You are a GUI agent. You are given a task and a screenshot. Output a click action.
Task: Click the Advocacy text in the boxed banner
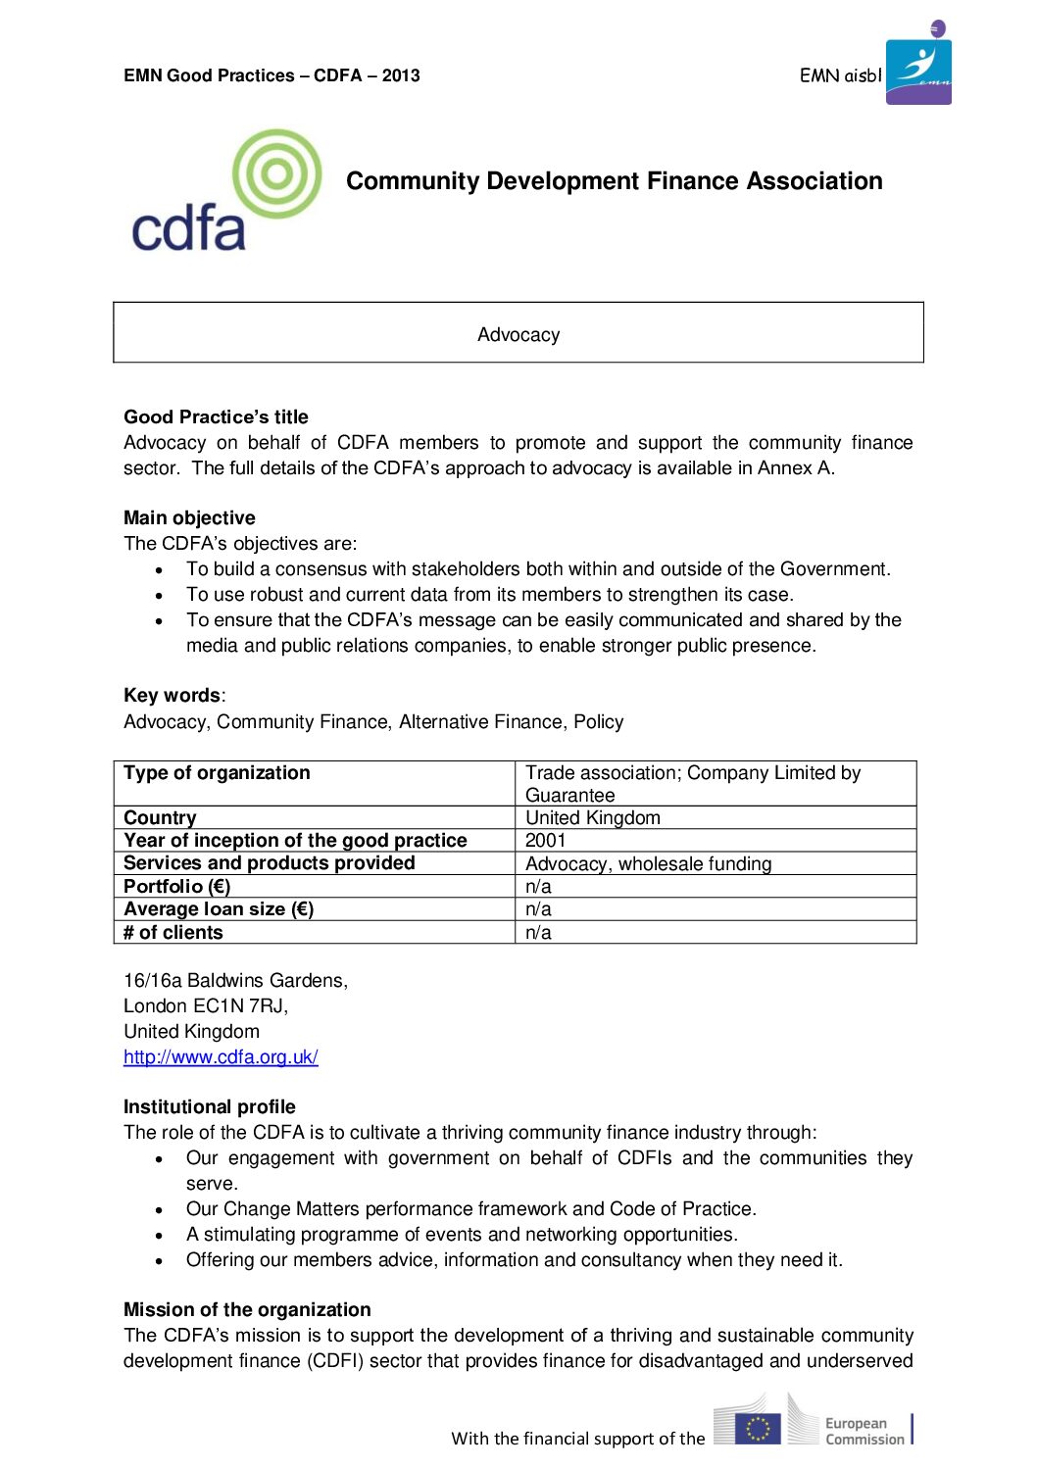(x=518, y=335)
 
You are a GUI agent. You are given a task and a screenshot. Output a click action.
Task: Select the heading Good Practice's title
(x=216, y=416)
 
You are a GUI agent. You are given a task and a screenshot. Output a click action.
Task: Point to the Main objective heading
(x=189, y=517)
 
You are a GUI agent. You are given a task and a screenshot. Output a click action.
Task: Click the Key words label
(x=173, y=695)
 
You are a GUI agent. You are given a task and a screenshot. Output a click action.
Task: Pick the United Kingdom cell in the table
(x=593, y=817)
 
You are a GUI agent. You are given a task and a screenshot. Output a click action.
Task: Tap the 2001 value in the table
(x=546, y=840)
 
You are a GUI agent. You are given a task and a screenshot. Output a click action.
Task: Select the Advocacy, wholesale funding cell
(x=648, y=863)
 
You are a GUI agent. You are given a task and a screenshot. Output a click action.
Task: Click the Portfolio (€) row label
(x=177, y=886)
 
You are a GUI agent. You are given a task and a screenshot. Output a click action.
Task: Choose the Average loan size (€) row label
(x=219, y=908)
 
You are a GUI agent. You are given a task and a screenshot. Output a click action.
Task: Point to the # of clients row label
(x=173, y=932)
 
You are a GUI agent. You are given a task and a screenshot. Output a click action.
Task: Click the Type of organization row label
(x=217, y=772)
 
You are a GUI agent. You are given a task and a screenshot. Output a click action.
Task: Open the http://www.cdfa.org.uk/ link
(x=221, y=1056)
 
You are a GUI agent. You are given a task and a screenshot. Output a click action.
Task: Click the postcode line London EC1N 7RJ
(x=206, y=1005)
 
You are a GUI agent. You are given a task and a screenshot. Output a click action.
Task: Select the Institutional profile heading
(x=209, y=1106)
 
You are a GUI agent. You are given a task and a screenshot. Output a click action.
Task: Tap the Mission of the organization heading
(x=247, y=1309)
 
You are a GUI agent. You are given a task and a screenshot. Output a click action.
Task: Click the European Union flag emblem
(x=757, y=1429)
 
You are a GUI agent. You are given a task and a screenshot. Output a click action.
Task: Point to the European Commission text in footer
(x=864, y=1431)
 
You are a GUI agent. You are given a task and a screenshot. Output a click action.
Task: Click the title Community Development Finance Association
(x=615, y=181)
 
